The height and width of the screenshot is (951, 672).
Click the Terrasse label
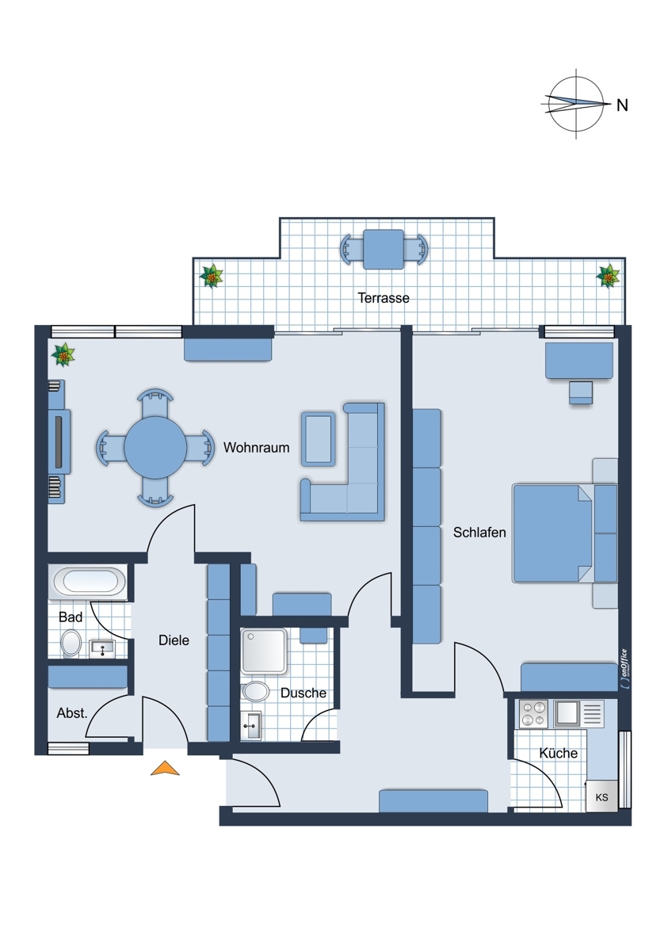(384, 298)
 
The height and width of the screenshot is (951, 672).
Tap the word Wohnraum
(257, 448)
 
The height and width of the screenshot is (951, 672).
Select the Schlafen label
(479, 533)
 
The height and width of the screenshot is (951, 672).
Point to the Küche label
(558, 753)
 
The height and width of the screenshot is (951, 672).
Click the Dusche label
(303, 693)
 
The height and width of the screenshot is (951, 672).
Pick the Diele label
(174, 640)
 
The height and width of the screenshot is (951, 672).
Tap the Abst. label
(72, 713)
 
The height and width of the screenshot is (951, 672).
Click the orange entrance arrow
(165, 769)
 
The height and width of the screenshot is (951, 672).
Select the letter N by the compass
(622, 105)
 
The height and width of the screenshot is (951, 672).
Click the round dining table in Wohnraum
(155, 448)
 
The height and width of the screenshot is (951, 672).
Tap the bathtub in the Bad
(87, 582)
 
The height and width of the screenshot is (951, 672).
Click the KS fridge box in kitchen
(602, 797)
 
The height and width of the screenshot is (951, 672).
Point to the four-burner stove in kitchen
(533, 714)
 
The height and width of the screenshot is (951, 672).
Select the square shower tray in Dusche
(264, 651)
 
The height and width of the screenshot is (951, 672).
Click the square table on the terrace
(384, 249)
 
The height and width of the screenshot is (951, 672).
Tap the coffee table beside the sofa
(319, 439)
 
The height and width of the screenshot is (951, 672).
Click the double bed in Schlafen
(552, 533)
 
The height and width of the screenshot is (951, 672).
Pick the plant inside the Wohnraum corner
(63, 355)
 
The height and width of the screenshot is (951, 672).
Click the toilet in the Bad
(71, 644)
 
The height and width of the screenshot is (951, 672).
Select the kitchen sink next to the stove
(567, 714)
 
